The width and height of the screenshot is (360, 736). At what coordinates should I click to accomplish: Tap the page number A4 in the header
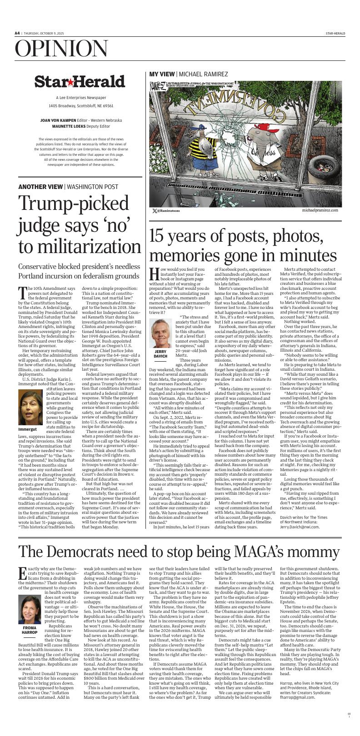[17, 33]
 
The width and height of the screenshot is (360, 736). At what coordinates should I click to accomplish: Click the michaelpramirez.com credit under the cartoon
[320, 210]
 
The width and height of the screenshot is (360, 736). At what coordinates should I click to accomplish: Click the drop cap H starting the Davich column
[155, 274]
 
